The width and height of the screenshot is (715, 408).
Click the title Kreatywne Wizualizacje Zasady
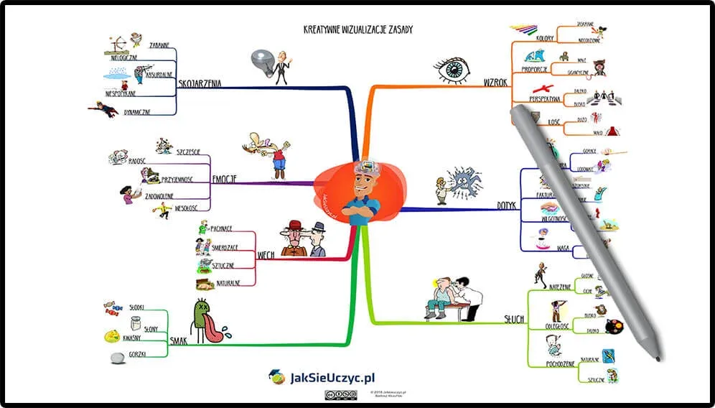358,30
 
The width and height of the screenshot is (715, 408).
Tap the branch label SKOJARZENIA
200,83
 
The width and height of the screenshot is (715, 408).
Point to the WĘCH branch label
266,254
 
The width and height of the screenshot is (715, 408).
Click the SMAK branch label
179,340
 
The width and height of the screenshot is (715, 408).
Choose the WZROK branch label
496,83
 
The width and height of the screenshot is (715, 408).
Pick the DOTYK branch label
507,205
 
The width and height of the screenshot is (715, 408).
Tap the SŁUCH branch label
513,319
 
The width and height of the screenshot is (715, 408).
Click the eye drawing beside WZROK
452,70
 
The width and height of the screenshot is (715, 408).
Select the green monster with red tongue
206,320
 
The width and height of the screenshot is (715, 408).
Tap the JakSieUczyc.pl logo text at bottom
332,377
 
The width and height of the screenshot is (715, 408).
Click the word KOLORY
546,38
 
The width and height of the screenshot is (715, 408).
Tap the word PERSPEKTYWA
545,98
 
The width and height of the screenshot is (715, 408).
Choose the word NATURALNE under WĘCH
227,284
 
